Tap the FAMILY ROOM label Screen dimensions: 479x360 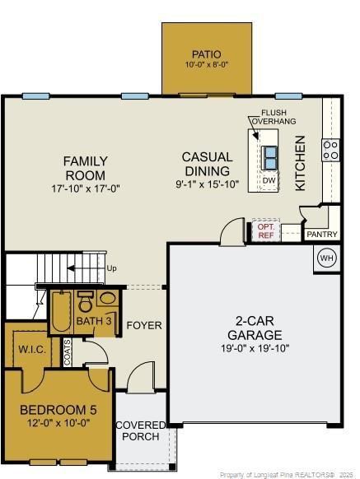[x=85, y=168]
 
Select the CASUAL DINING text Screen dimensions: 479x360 [x=208, y=163]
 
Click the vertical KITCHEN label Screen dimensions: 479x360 [x=301, y=163]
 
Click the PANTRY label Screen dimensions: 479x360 [x=321, y=235]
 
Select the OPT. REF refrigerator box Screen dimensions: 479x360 [x=265, y=230]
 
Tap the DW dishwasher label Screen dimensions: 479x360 [x=269, y=180]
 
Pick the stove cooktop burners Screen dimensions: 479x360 [x=330, y=150]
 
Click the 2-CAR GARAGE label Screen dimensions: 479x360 [x=255, y=328]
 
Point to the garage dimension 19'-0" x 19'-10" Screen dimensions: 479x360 [x=255, y=347]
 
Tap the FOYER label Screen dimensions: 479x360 [x=144, y=326]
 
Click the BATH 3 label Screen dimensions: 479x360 [x=95, y=319]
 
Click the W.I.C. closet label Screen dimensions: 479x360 [x=31, y=349]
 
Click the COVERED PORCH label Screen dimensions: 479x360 [x=140, y=430]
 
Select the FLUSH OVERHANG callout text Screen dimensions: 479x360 [x=273, y=116]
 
